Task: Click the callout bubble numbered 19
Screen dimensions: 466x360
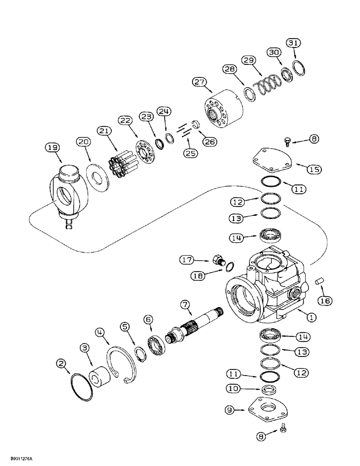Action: pyautogui.click(x=53, y=148)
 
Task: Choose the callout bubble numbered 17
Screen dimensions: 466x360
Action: pyautogui.click(x=188, y=259)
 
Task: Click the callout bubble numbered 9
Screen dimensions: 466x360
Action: pyautogui.click(x=234, y=410)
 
